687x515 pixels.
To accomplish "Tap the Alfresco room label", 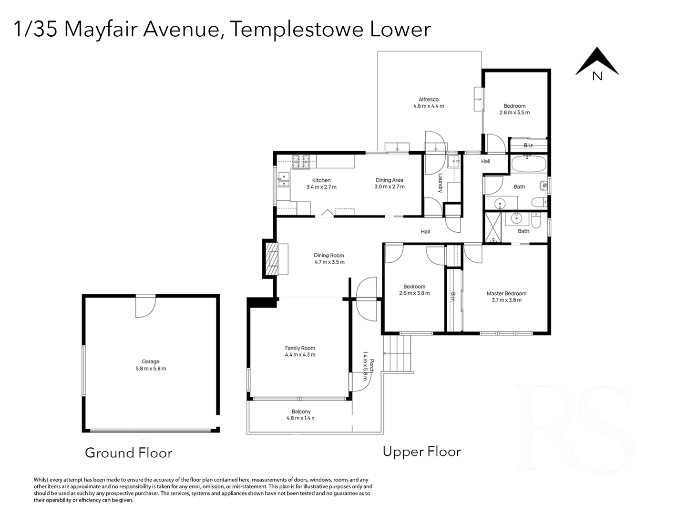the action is [429, 99].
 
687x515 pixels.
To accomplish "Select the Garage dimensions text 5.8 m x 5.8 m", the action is [151, 369].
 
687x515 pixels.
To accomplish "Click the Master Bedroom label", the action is [506, 293].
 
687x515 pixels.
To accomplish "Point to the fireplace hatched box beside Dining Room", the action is [272, 258].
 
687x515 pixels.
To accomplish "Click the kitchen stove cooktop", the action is [300, 161].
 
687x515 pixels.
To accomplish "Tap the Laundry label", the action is [440, 183].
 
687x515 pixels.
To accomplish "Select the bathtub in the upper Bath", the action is [529, 164].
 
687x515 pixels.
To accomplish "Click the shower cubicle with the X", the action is [492, 227].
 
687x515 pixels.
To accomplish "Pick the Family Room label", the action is [300, 348].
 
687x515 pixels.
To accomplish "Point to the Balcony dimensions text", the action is [300, 418].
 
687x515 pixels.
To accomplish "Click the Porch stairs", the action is [397, 353].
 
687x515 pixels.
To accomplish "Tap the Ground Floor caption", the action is [129, 453].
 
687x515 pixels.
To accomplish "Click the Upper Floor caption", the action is [421, 452].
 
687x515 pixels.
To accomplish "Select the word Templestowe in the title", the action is [297, 29].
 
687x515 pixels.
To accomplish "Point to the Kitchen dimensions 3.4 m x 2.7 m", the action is [321, 187].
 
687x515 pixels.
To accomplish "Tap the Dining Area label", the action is [390, 180].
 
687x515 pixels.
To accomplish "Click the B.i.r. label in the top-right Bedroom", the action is [529, 145].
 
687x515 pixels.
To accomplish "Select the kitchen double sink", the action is [283, 179].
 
